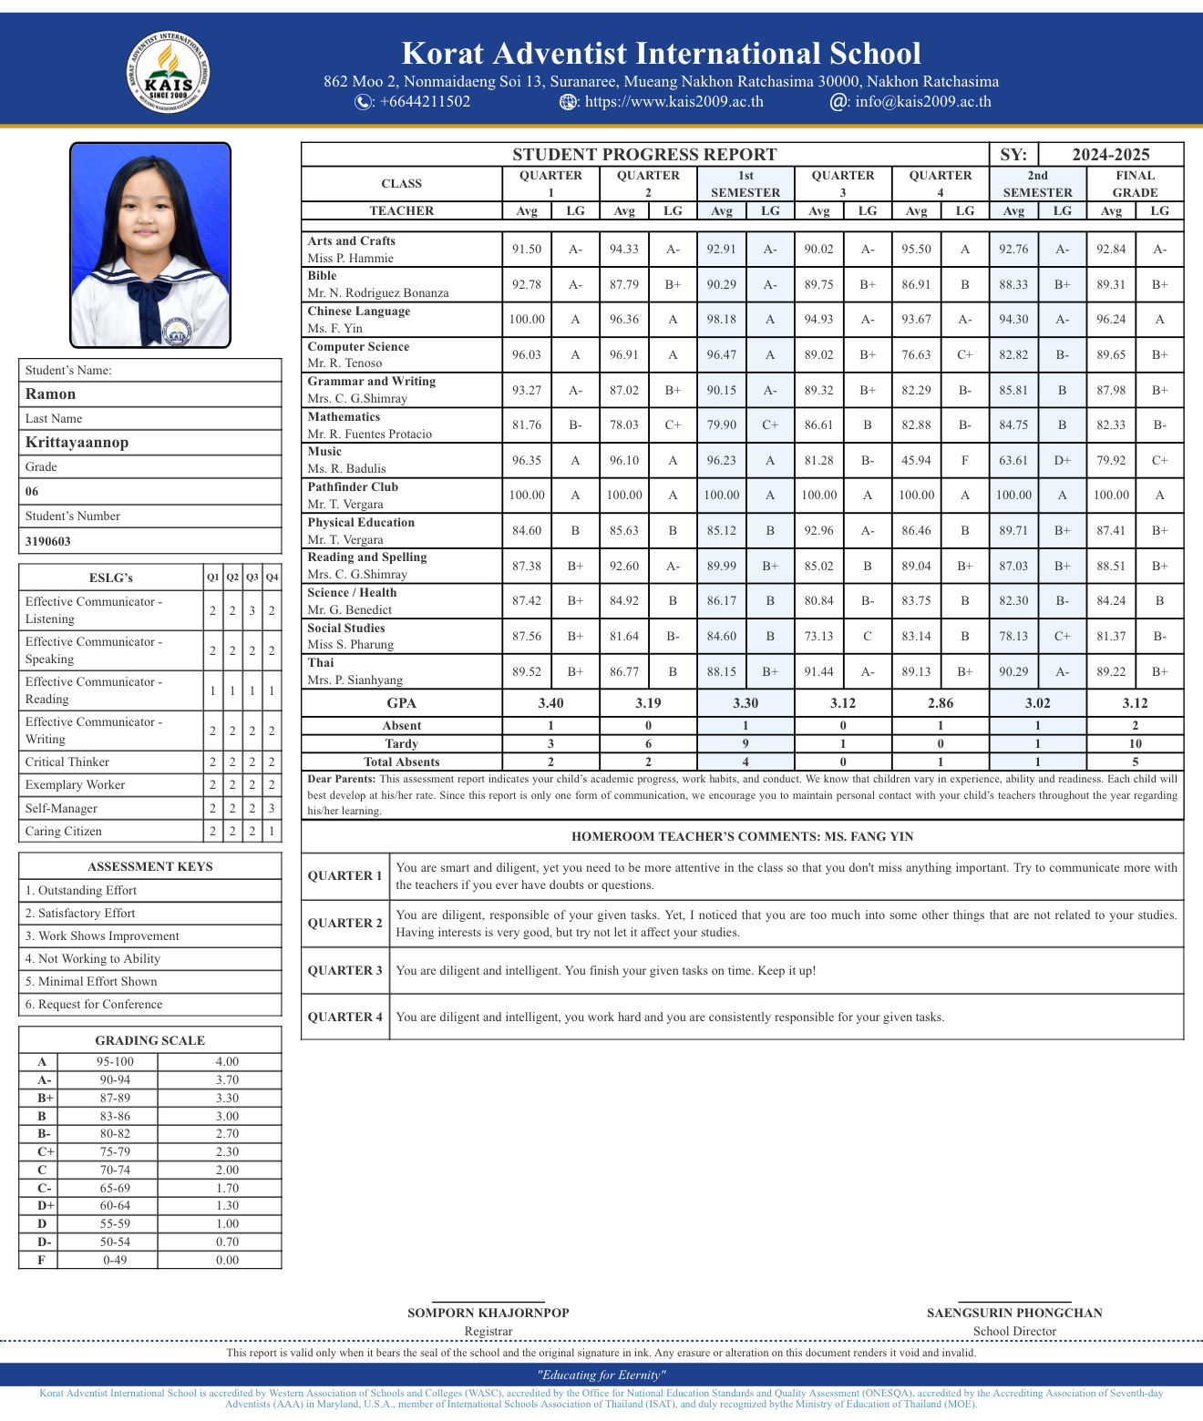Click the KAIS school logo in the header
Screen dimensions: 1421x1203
tap(169, 73)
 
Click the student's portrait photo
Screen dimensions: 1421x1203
tap(150, 244)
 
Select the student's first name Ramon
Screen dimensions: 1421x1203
tap(51, 394)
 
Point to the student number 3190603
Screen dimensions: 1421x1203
tap(48, 541)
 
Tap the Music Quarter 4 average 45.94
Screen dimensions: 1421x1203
tap(916, 460)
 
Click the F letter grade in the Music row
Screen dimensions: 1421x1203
tap(964, 460)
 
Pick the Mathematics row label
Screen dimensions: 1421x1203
tap(344, 417)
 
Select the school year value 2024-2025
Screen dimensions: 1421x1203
tap(1110, 154)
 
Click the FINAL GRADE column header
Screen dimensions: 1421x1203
tap(1135, 183)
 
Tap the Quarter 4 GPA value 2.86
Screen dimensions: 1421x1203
tap(940, 702)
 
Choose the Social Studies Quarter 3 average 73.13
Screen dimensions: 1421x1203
tap(818, 636)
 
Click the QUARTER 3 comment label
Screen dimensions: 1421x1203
tap(344, 970)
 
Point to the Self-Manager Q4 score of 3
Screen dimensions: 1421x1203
tap(272, 808)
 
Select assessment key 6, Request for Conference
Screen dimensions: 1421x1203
tap(94, 1004)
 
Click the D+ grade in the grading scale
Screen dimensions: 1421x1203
tap(42, 1205)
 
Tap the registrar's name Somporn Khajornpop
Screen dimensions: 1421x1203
tap(488, 1313)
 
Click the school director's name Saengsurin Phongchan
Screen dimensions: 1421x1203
tap(1014, 1313)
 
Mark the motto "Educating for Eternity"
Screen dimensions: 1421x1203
tap(601, 1375)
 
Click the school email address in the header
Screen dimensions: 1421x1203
tap(922, 101)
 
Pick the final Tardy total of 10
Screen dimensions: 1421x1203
tap(1135, 743)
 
